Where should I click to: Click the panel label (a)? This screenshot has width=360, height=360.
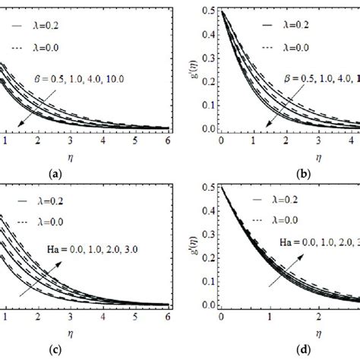[55, 174]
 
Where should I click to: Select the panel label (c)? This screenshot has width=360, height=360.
[55, 352]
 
